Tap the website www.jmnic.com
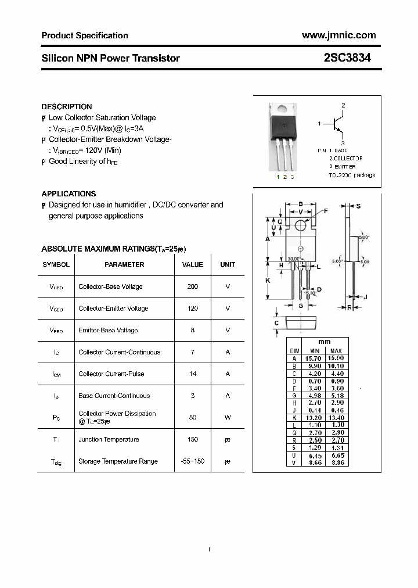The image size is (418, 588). tap(339, 35)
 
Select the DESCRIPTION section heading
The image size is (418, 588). tap(67, 107)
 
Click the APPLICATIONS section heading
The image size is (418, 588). tap(69, 194)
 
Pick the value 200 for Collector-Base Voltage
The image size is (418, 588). tap(193, 286)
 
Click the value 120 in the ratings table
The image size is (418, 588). tap(193, 309)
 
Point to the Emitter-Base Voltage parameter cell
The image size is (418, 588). tap(108, 330)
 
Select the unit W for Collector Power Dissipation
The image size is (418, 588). tap(228, 417)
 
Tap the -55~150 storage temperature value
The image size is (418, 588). tap(193, 461)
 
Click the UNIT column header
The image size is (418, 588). tap(228, 264)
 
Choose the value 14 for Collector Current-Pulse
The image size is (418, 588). tap(193, 374)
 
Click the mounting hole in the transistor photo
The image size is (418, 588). tap(280, 108)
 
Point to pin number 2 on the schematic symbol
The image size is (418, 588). tap(343, 105)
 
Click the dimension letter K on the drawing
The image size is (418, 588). tap(268, 281)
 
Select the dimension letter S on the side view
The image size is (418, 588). tap(359, 206)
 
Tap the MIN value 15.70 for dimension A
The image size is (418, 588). tap(314, 358)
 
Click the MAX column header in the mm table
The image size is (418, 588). tap(336, 351)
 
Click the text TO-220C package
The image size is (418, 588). tap(352, 175)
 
